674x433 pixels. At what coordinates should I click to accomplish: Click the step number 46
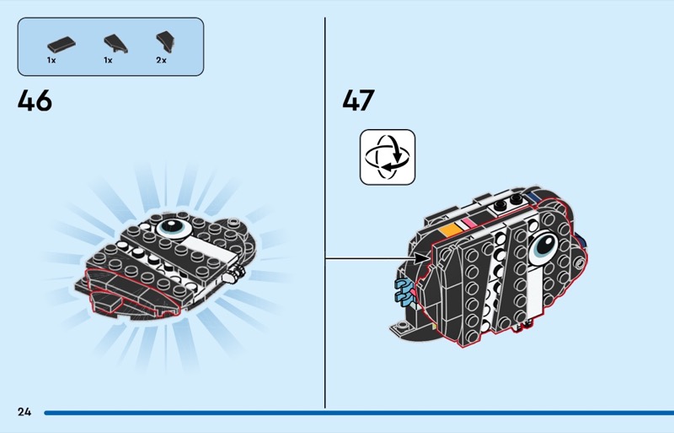(x=35, y=100)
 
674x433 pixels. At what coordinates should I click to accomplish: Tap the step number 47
(x=359, y=100)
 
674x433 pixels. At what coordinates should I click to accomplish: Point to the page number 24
(x=24, y=412)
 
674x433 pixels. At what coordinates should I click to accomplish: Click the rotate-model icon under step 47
(x=388, y=157)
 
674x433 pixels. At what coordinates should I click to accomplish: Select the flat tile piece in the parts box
(x=61, y=44)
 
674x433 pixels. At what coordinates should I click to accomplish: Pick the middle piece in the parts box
(x=115, y=43)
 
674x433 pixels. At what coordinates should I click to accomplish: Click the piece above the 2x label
(x=165, y=42)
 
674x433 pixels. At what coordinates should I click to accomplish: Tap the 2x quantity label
(x=161, y=60)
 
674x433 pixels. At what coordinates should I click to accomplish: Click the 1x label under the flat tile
(x=51, y=60)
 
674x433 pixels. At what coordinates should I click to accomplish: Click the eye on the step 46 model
(x=174, y=228)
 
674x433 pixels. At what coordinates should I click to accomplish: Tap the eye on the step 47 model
(x=543, y=247)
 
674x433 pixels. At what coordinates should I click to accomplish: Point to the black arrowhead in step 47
(x=420, y=258)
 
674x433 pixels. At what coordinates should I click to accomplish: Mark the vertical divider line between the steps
(x=325, y=213)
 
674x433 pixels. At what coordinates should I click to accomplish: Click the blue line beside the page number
(x=359, y=413)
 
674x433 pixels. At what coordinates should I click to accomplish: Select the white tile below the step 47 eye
(x=534, y=292)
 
